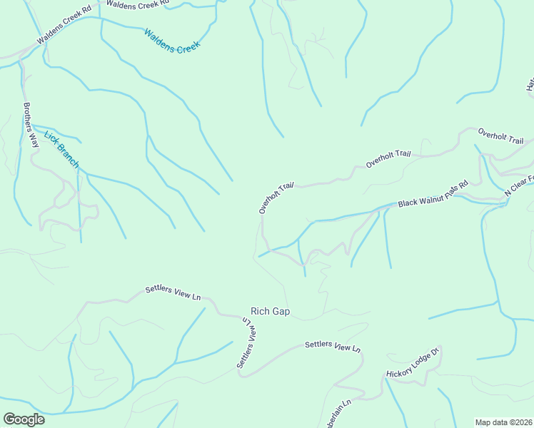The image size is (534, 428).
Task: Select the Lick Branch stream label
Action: click(61, 148)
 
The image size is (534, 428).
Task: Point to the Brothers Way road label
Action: click(30, 125)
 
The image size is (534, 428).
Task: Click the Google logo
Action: click(24, 419)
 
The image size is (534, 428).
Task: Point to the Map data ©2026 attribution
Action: click(503, 422)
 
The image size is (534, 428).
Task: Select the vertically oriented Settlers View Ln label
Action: click(246, 342)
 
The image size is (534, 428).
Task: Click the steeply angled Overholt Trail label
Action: click(276, 198)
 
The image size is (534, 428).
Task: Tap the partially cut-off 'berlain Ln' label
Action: click(339, 414)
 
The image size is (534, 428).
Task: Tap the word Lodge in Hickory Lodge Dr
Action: click(417, 362)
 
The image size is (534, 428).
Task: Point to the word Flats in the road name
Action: click(451, 189)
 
